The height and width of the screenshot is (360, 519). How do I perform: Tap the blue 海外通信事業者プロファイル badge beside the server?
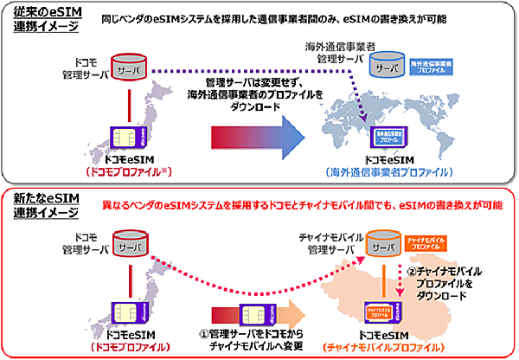coord(436,66)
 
